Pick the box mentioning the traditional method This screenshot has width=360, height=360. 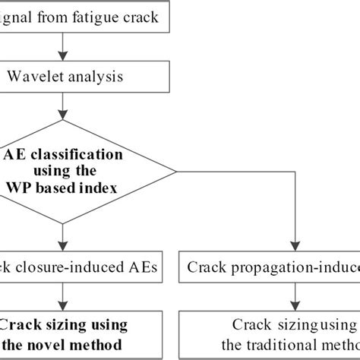click(270, 334)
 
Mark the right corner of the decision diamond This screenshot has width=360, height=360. click(176, 172)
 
